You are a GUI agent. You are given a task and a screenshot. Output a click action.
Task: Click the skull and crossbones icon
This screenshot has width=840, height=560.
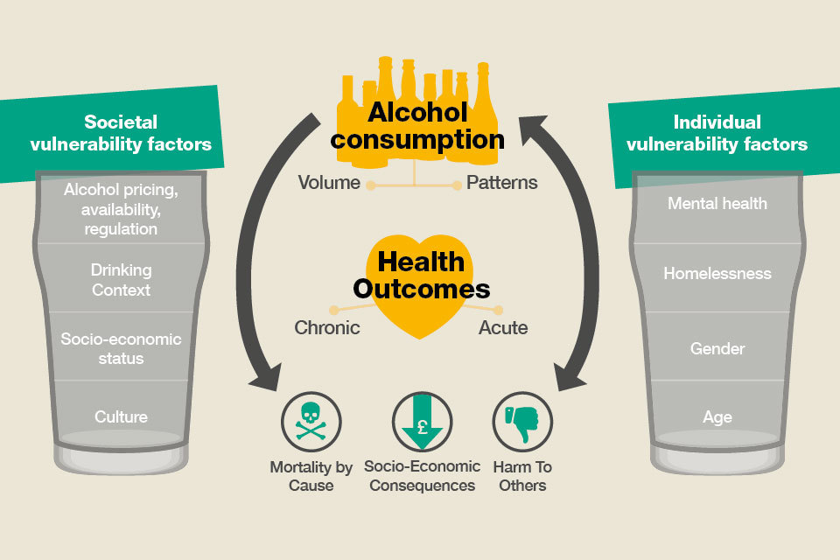[x=311, y=422]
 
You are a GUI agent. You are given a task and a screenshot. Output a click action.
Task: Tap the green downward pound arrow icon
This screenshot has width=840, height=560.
[x=422, y=422]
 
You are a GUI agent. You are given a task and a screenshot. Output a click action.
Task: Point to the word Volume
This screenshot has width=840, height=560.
[x=329, y=183]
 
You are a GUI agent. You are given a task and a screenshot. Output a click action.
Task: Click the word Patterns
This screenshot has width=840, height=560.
[x=502, y=183]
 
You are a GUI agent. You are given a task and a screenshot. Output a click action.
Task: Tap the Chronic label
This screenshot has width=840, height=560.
[x=326, y=327]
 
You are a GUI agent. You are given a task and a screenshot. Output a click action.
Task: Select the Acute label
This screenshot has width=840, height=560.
[x=503, y=327]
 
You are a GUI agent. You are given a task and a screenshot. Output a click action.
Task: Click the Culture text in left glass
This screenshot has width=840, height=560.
[x=121, y=416]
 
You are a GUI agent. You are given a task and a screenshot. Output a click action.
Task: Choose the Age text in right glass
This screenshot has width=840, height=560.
[x=717, y=417]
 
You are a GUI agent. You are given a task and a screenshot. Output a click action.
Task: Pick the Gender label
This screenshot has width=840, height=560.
[x=717, y=349]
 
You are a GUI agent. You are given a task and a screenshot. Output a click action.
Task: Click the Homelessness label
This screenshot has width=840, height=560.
[x=717, y=273]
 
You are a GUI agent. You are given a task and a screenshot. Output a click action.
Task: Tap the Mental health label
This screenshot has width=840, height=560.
[x=717, y=204]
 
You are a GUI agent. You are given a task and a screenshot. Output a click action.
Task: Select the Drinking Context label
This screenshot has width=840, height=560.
[x=121, y=280]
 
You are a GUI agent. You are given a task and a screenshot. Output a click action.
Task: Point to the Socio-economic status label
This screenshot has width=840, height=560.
[x=121, y=348]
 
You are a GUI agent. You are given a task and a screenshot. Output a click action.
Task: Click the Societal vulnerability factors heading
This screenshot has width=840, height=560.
[x=121, y=133]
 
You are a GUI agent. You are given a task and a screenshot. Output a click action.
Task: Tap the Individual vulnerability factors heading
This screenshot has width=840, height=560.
[x=717, y=133]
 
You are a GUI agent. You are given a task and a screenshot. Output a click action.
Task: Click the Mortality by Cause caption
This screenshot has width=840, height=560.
[x=311, y=476]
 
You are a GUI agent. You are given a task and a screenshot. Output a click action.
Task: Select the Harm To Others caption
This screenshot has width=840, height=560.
[x=522, y=476]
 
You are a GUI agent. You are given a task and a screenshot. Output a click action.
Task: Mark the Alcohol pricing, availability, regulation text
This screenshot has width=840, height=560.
[x=121, y=209]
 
